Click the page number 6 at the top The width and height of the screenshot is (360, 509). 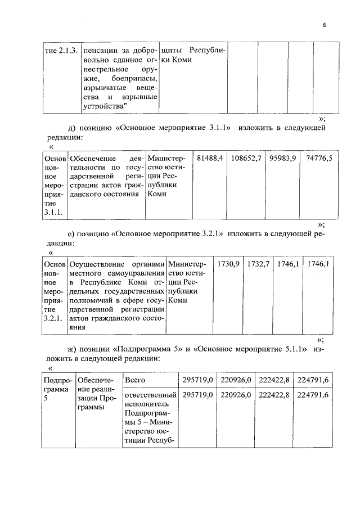click(325, 25)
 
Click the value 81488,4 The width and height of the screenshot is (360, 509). click(211, 159)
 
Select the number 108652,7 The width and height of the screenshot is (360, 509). click(246, 159)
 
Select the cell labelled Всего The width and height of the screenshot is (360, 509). click(135, 380)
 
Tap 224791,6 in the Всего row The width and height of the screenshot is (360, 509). click(313, 380)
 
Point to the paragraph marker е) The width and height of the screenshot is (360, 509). click(72, 233)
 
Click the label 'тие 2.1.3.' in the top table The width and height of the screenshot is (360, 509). click(60, 50)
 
